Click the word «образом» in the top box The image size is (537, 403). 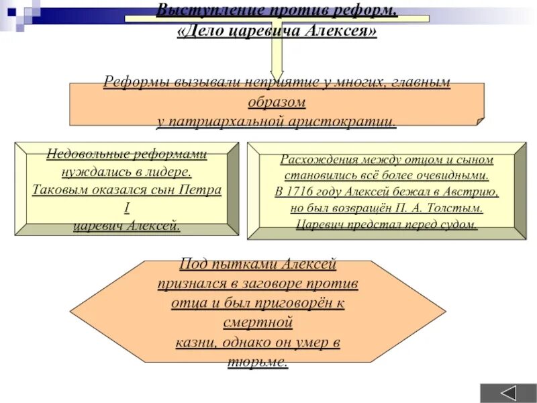pos(277,103)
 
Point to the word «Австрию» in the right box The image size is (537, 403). pos(469,192)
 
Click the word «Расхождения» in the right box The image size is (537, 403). pos(318,160)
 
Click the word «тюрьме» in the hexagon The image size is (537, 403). pos(258,361)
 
